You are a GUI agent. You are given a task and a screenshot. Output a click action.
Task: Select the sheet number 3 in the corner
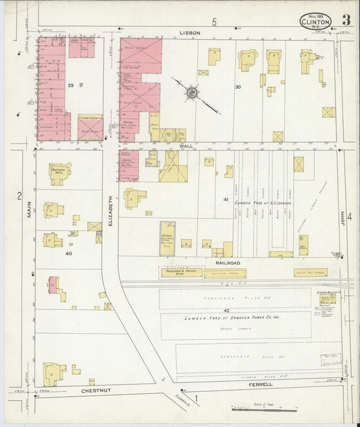click(345, 20)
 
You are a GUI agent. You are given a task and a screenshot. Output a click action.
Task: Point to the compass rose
click(192, 91)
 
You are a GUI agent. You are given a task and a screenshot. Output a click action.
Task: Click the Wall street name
click(186, 146)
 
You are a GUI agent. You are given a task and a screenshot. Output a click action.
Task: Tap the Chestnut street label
click(95, 391)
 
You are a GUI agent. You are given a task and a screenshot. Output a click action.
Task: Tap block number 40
click(68, 253)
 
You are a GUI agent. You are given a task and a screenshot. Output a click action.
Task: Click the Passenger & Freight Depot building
click(180, 273)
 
